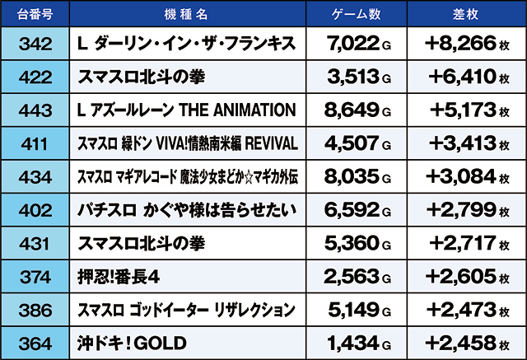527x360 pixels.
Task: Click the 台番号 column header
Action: click(x=35, y=12)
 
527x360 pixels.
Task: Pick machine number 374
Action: click(x=35, y=276)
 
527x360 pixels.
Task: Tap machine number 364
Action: click(x=35, y=342)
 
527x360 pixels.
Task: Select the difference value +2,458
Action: click(x=461, y=342)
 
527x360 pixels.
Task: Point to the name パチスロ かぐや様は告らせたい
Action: click(x=185, y=209)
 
